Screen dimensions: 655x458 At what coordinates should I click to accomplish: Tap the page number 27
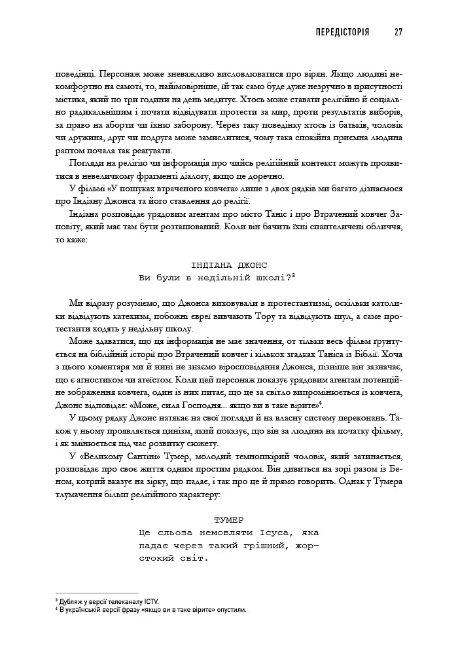point(398,32)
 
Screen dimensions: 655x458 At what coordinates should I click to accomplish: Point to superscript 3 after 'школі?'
point(295,275)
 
